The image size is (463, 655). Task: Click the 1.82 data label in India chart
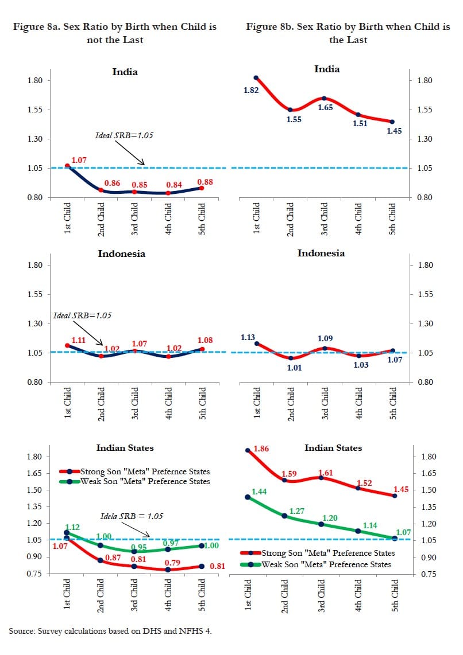tap(252, 90)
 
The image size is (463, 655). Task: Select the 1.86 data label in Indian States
tap(261, 449)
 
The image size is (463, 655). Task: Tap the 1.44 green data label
tap(259, 492)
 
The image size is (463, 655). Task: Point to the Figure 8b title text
tap(348, 33)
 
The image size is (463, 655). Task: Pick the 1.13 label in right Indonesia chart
tap(248, 337)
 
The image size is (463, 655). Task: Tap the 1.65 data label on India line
tap(326, 107)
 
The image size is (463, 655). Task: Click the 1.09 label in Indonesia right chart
tap(325, 338)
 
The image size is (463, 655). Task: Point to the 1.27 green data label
tap(297, 510)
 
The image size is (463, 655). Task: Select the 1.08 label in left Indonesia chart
tap(205, 340)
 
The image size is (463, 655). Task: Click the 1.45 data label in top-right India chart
tap(394, 131)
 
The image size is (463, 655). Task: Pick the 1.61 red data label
tap(325, 473)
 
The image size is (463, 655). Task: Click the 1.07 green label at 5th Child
tap(403, 532)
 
